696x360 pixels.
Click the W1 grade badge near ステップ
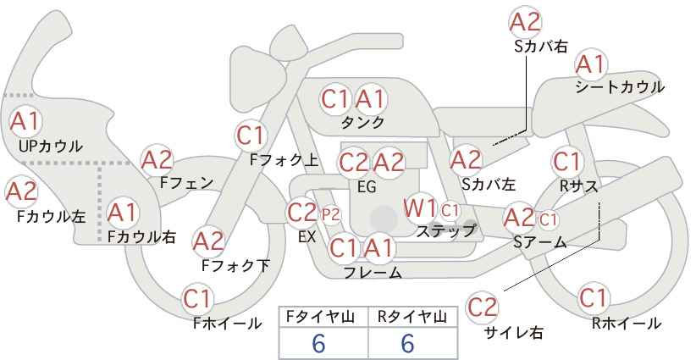click(x=419, y=208)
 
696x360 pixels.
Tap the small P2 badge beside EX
click(x=331, y=215)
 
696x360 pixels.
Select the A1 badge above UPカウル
click(x=25, y=121)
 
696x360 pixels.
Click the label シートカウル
click(x=620, y=87)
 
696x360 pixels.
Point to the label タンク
click(x=362, y=122)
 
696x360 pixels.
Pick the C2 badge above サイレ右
click(x=482, y=307)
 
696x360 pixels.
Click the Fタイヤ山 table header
click(x=323, y=317)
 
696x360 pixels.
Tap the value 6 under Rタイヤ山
click(x=407, y=343)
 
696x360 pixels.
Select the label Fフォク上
click(x=284, y=159)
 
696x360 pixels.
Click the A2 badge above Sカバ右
click(x=525, y=22)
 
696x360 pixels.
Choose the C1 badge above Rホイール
click(x=593, y=298)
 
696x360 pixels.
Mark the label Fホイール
click(x=228, y=324)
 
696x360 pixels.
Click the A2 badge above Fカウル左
click(x=21, y=192)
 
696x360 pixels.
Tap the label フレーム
click(x=373, y=272)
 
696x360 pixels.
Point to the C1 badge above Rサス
click(x=567, y=162)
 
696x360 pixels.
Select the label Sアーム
click(x=540, y=241)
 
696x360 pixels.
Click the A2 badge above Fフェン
click(x=157, y=160)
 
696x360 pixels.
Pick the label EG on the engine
click(x=367, y=187)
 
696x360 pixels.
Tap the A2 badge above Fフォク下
click(x=208, y=242)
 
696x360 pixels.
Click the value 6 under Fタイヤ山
click(x=318, y=343)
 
